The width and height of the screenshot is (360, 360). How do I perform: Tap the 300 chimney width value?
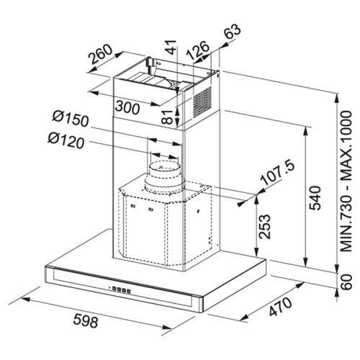126,108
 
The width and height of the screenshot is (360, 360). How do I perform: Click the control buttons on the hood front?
120,290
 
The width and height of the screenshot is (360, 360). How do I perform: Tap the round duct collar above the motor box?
164,176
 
